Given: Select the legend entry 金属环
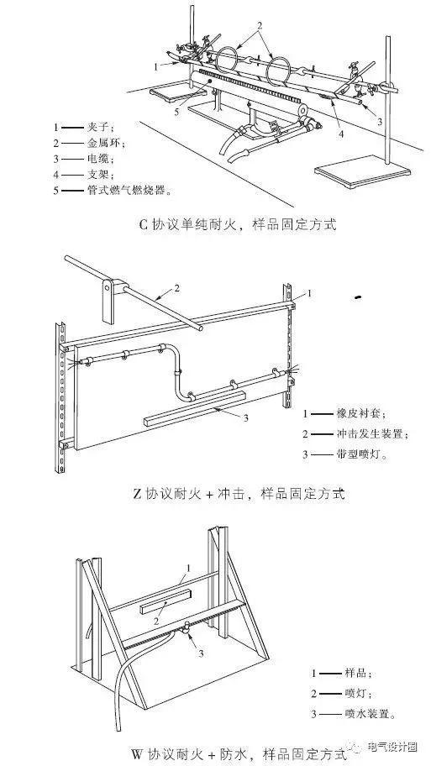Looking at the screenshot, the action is click(103, 144).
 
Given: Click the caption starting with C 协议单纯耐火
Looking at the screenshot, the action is click(238, 225).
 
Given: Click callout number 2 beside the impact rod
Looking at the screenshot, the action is click(176, 288).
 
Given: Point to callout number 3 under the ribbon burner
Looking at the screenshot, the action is click(246, 417).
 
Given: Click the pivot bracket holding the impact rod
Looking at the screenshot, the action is click(112, 299).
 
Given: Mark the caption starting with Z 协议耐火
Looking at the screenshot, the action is click(239, 493).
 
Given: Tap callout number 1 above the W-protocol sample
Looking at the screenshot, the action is click(187, 568).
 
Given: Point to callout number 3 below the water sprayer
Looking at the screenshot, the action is click(200, 653).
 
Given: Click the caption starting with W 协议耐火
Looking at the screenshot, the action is click(239, 753).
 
